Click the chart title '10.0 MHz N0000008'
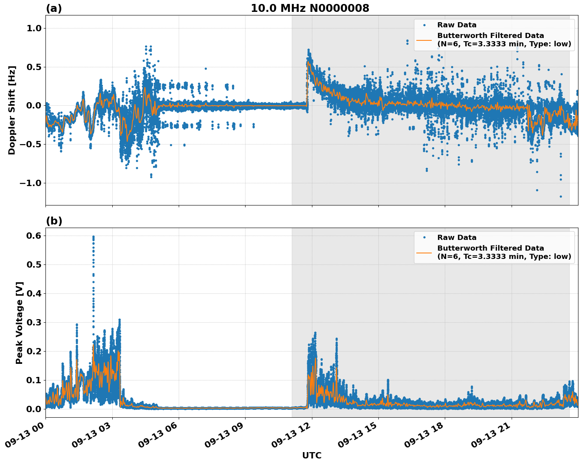(310, 8)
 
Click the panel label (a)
(54, 8)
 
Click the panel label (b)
(54, 221)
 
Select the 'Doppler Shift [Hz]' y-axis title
(12, 110)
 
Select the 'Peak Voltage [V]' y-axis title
(19, 323)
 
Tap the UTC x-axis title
(312, 455)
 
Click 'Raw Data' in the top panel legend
(457, 25)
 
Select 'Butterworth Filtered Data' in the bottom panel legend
(490, 248)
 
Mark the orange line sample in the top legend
(424, 40)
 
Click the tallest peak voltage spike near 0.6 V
(93, 237)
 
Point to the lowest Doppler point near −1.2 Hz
(561, 196)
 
